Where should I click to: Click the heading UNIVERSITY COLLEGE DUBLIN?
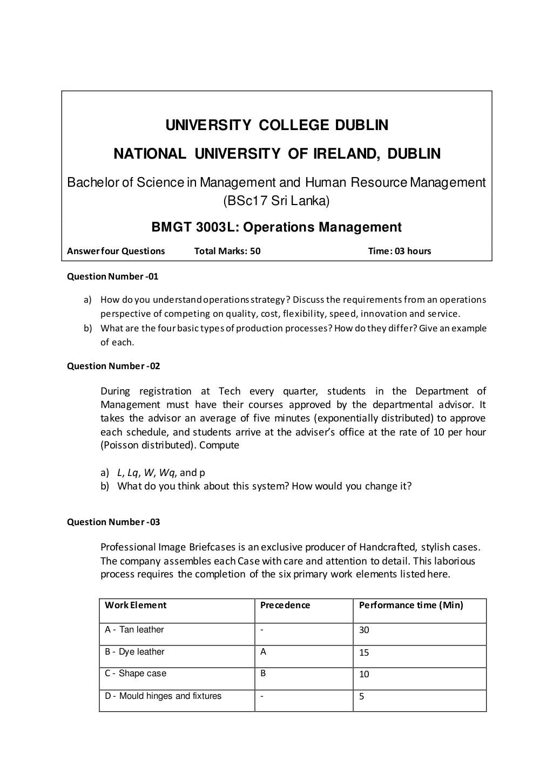[276, 125]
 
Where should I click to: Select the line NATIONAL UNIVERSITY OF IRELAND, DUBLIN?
[276, 154]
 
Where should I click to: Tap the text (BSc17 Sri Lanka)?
[276, 201]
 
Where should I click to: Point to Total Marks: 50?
[227, 251]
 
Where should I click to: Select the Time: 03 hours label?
[399, 251]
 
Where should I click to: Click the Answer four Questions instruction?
[116, 251]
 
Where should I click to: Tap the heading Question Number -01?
[112, 277]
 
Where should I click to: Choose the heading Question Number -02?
[113, 366]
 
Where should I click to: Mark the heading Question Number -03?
[113, 522]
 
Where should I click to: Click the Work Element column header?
[136, 605]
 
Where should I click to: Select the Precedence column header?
[285, 605]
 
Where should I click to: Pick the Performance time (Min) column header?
[411, 605]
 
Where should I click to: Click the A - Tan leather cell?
[134, 630]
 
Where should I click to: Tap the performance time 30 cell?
[364, 630]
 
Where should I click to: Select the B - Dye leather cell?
[134, 652]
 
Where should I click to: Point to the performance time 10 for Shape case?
[364, 675]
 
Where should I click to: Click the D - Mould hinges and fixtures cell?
[163, 696]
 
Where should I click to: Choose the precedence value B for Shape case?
[263, 674]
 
